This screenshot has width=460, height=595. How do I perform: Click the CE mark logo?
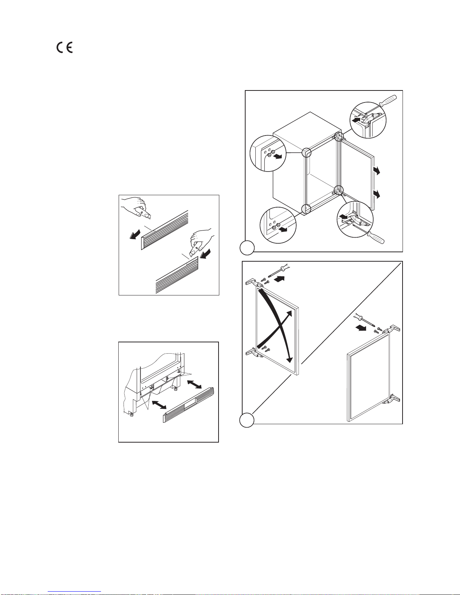tap(65, 48)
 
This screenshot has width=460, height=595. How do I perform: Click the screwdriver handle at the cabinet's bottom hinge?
tap(377, 237)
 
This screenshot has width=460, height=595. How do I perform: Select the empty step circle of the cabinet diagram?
tap(247, 247)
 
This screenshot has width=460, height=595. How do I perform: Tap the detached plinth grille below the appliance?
tap(189, 405)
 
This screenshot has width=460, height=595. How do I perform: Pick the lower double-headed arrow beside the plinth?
tap(159, 405)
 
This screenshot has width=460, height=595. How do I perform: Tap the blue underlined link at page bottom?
tap(74, 591)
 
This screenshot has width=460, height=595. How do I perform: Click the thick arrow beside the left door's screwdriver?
tap(279, 279)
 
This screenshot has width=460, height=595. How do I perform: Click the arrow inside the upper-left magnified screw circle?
tap(278, 157)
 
